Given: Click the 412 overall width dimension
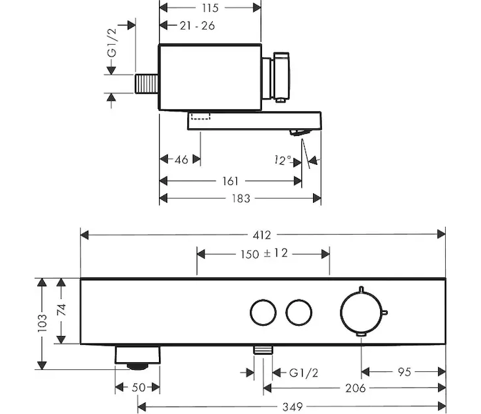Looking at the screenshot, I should click(263, 234).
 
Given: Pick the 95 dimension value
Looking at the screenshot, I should click(404, 372).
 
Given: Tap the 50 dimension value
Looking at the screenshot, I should click(139, 388).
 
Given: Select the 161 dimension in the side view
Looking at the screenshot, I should click(230, 181).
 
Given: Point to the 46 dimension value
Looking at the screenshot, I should click(180, 160).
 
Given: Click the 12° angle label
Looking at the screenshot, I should click(281, 160).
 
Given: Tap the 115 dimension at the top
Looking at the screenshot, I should click(210, 8).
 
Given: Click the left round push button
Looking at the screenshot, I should click(262, 313).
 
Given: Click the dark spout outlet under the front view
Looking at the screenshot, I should click(138, 357).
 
